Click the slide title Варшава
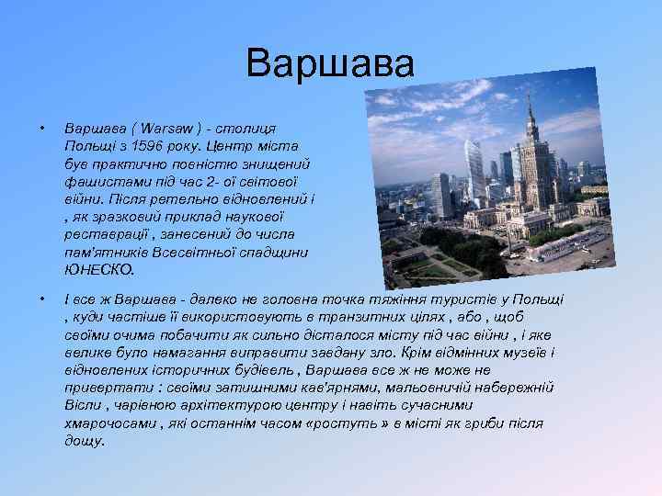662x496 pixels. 330,64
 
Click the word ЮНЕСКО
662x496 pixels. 98,270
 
